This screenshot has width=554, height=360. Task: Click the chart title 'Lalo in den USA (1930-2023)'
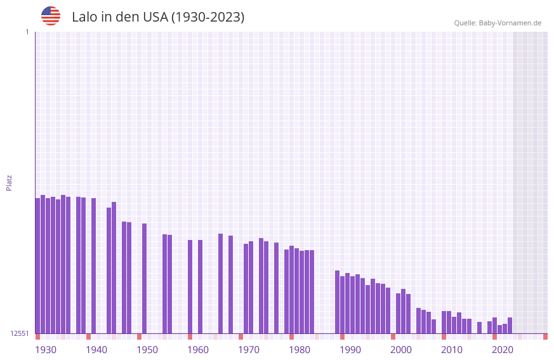click(158, 17)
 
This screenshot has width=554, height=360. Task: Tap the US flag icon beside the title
click(51, 16)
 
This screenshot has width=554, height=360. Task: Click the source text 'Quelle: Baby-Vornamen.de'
click(498, 23)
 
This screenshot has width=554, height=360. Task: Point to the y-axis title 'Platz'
click(9, 182)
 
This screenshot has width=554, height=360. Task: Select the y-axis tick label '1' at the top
click(27, 32)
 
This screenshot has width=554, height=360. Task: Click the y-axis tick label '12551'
click(20, 333)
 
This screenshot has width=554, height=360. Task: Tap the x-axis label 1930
click(46, 350)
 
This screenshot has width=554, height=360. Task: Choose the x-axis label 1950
click(147, 350)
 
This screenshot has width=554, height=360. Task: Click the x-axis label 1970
click(249, 350)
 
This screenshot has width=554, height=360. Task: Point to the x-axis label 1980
click(300, 350)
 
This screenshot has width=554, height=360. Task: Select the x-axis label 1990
click(350, 350)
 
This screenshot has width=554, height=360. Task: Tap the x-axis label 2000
click(401, 350)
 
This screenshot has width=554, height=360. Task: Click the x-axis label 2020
click(503, 350)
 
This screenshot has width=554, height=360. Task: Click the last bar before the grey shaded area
click(510, 325)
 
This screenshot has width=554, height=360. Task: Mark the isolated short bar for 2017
click(479, 328)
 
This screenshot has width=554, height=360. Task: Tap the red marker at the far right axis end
click(545, 337)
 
